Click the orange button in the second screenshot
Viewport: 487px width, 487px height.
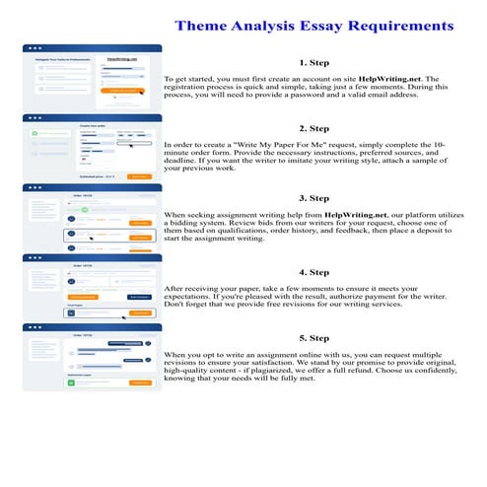point(140,176)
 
